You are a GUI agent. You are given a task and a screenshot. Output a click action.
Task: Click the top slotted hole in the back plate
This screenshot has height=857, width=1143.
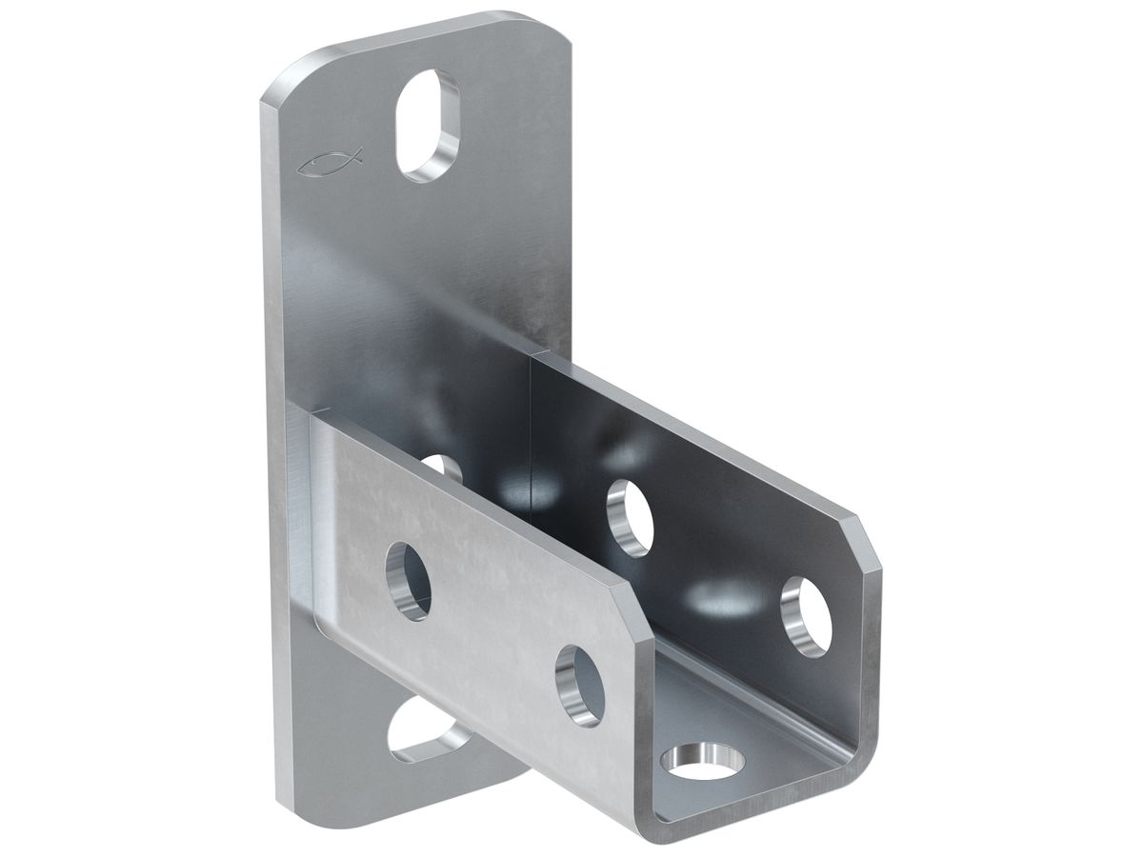click(428, 125)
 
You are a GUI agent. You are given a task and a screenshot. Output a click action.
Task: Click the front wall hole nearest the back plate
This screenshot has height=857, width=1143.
click(408, 580)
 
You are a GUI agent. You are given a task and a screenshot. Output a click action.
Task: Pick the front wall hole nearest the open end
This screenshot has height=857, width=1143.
click(579, 685)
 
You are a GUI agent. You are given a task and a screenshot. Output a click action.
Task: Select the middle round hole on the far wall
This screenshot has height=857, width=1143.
click(630, 516)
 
